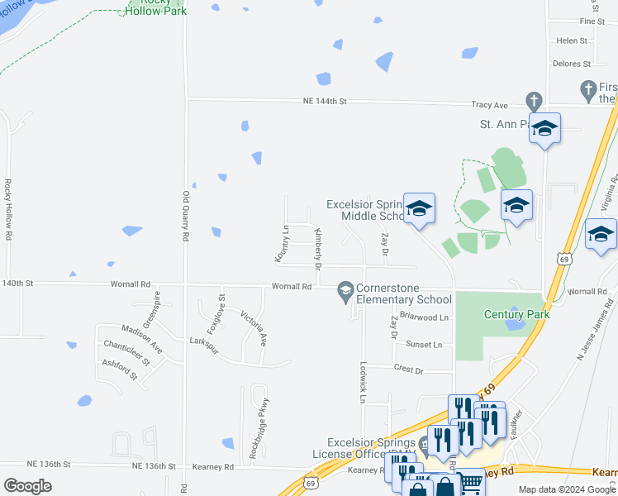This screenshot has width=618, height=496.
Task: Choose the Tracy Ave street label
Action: (x=489, y=106)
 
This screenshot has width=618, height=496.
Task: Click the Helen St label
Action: (x=571, y=41)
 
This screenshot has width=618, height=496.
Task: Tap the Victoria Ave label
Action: (x=254, y=327)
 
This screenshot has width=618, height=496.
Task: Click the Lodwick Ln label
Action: (x=363, y=383)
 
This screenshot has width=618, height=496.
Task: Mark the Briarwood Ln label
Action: (x=423, y=317)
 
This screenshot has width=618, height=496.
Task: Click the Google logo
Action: (x=27, y=486)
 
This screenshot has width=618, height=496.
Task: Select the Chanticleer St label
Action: (x=126, y=351)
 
